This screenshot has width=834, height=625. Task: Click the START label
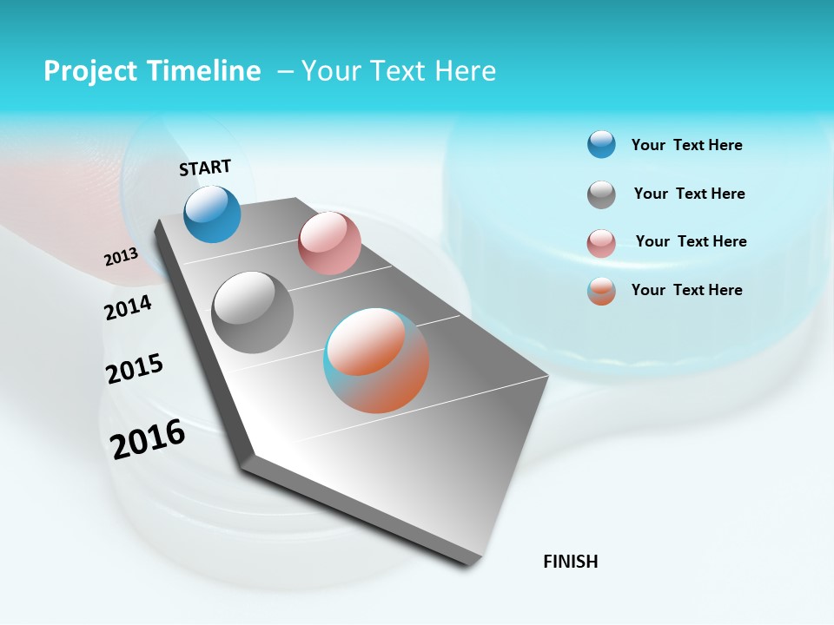pyautogui.click(x=205, y=168)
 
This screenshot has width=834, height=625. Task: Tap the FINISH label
pyautogui.click(x=571, y=562)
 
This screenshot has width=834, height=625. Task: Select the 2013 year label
pyautogui.click(x=121, y=257)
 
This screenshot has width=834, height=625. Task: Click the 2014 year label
pyautogui.click(x=128, y=308)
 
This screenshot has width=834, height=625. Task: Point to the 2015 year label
pyautogui.click(x=135, y=369)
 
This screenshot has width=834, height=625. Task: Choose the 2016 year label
pyautogui.click(x=148, y=439)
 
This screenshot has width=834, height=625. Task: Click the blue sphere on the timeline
pyautogui.click(x=212, y=214)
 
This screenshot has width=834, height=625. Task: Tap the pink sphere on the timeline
pyautogui.click(x=329, y=243)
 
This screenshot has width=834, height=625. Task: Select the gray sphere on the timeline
pyautogui.click(x=253, y=312)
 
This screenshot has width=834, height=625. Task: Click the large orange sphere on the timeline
pyautogui.click(x=376, y=360)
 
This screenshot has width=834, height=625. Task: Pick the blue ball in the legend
pyautogui.click(x=601, y=144)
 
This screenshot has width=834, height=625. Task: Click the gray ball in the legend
pyautogui.click(x=601, y=194)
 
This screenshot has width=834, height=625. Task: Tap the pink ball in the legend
pyautogui.click(x=601, y=243)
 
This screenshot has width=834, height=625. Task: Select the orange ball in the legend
pyautogui.click(x=601, y=291)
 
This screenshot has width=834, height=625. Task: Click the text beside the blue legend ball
pyautogui.click(x=686, y=145)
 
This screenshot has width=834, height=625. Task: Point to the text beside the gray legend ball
pyautogui.click(x=689, y=194)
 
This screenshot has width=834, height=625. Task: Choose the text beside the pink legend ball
pyautogui.click(x=691, y=241)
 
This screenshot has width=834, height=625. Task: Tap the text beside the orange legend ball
pyautogui.click(x=686, y=290)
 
